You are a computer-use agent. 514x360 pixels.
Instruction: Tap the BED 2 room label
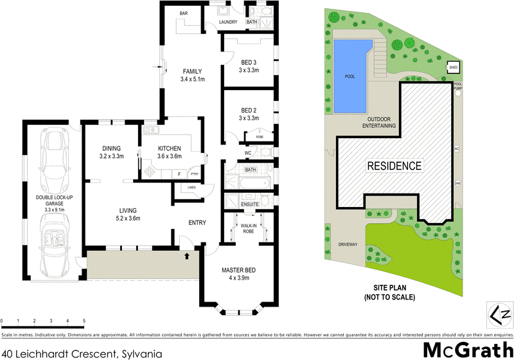(248, 110)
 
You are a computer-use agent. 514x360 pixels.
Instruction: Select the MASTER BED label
(240, 269)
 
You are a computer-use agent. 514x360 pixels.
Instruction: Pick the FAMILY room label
(192, 71)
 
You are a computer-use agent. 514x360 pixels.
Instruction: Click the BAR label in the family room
(183, 13)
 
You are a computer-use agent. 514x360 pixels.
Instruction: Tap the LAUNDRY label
(228, 22)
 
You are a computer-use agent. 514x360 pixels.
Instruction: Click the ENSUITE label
(249, 204)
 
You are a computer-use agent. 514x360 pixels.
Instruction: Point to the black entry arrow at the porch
(188, 256)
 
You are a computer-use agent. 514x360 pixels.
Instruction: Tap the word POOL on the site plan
(350, 76)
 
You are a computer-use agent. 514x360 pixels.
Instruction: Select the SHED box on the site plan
(453, 67)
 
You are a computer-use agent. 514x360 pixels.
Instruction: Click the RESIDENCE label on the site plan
(394, 166)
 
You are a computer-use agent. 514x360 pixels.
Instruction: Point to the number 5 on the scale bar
(84, 320)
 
